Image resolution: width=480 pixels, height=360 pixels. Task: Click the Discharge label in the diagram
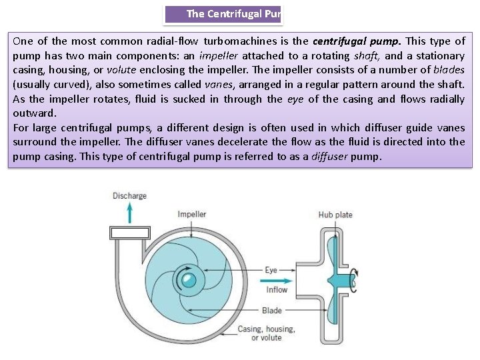pos(129,195)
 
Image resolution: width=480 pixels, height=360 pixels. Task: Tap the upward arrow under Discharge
pos(130,213)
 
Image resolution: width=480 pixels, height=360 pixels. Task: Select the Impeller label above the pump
pos(191,214)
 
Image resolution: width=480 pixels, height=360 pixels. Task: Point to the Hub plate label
pos(335,215)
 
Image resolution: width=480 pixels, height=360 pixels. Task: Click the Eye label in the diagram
pos(271,270)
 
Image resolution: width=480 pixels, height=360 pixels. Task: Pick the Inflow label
pos(277,289)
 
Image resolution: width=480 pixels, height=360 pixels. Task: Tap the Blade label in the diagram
pos(272,311)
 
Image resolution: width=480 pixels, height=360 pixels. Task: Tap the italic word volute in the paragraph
pos(121,70)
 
